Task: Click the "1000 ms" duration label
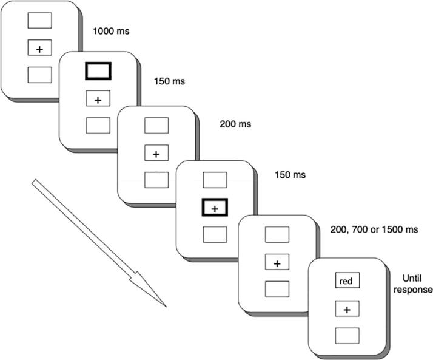coord(110,29)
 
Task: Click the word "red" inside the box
coord(347,282)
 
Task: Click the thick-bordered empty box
coord(98,72)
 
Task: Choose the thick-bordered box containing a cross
coord(214,207)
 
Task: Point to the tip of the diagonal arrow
coord(165,305)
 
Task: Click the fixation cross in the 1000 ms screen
coord(39,48)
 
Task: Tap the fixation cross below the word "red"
coord(347,310)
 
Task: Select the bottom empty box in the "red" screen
coord(347,335)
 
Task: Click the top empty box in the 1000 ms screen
coord(39,20)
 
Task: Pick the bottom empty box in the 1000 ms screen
coord(39,75)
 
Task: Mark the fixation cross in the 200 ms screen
coord(156,154)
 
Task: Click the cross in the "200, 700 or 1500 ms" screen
coord(277,263)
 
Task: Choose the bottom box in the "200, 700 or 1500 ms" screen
coord(277,290)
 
